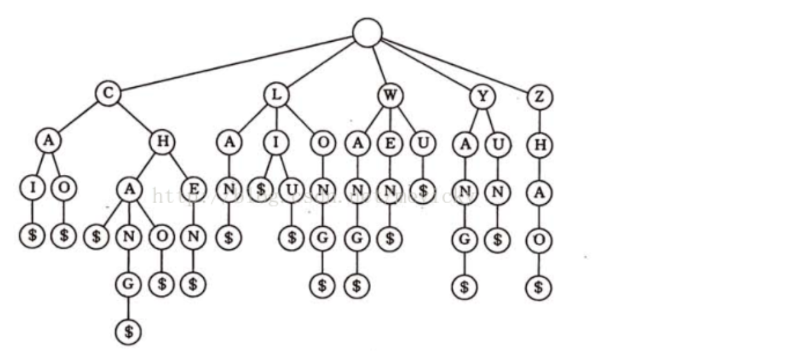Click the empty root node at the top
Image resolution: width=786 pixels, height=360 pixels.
(x=367, y=32)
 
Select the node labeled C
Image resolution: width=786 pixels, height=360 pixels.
(x=108, y=94)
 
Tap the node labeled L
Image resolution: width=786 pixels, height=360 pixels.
(x=276, y=94)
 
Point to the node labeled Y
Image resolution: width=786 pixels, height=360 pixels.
(x=480, y=96)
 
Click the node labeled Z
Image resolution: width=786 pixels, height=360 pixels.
(x=539, y=97)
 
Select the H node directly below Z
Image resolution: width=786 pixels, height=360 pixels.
(x=539, y=145)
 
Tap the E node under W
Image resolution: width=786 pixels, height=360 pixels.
(x=390, y=144)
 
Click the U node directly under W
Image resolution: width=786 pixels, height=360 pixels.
(x=423, y=144)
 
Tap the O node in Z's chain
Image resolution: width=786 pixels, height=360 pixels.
(x=539, y=239)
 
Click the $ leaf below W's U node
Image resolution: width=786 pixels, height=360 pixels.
(x=423, y=191)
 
